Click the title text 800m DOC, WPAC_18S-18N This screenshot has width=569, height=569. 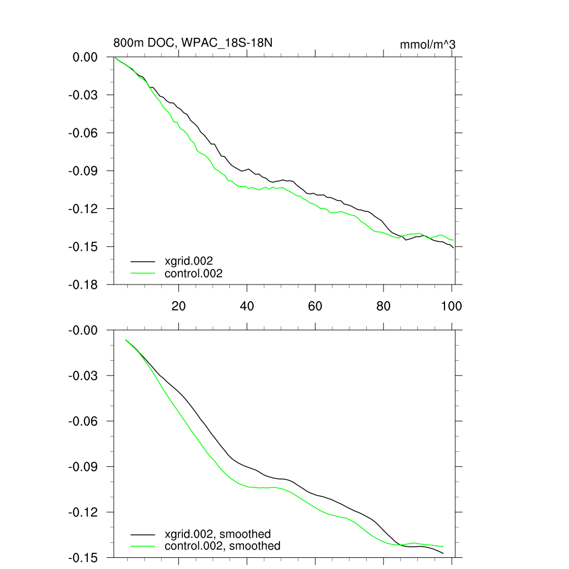point(192,43)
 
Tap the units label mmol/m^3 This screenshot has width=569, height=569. point(427,44)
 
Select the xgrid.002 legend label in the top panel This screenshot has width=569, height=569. point(189,260)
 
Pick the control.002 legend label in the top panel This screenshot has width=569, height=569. point(193,273)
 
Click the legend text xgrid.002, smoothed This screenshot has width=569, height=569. point(217,535)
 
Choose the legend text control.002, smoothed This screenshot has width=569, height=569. point(222,546)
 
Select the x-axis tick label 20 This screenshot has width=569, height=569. point(178,306)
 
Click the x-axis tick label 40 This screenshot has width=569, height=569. point(247,306)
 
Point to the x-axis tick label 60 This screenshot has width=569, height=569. point(315,306)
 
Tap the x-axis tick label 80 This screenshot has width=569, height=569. point(383,306)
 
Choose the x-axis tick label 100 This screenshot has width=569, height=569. point(451,306)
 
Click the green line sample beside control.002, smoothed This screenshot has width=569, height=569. point(143,546)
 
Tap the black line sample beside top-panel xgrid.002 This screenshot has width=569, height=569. point(143,260)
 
